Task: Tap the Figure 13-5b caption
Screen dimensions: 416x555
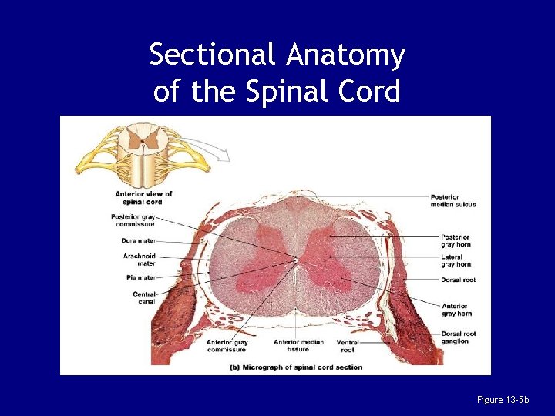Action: (x=503, y=399)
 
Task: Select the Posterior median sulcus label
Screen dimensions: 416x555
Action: (x=454, y=200)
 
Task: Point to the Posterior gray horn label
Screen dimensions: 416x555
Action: (x=456, y=240)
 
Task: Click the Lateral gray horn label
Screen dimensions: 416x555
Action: (x=456, y=260)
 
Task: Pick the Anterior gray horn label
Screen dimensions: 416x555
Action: (x=455, y=310)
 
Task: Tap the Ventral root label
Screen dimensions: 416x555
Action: (x=348, y=345)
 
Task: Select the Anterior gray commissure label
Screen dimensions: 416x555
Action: (x=227, y=345)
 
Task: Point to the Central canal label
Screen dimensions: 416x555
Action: (x=144, y=297)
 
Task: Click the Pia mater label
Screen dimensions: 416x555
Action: (x=140, y=277)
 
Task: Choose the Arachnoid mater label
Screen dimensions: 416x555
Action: (x=140, y=259)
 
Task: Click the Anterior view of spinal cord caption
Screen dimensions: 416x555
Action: (x=143, y=197)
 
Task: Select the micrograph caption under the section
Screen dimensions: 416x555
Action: (x=297, y=367)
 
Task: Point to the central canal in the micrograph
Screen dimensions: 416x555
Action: (x=296, y=260)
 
